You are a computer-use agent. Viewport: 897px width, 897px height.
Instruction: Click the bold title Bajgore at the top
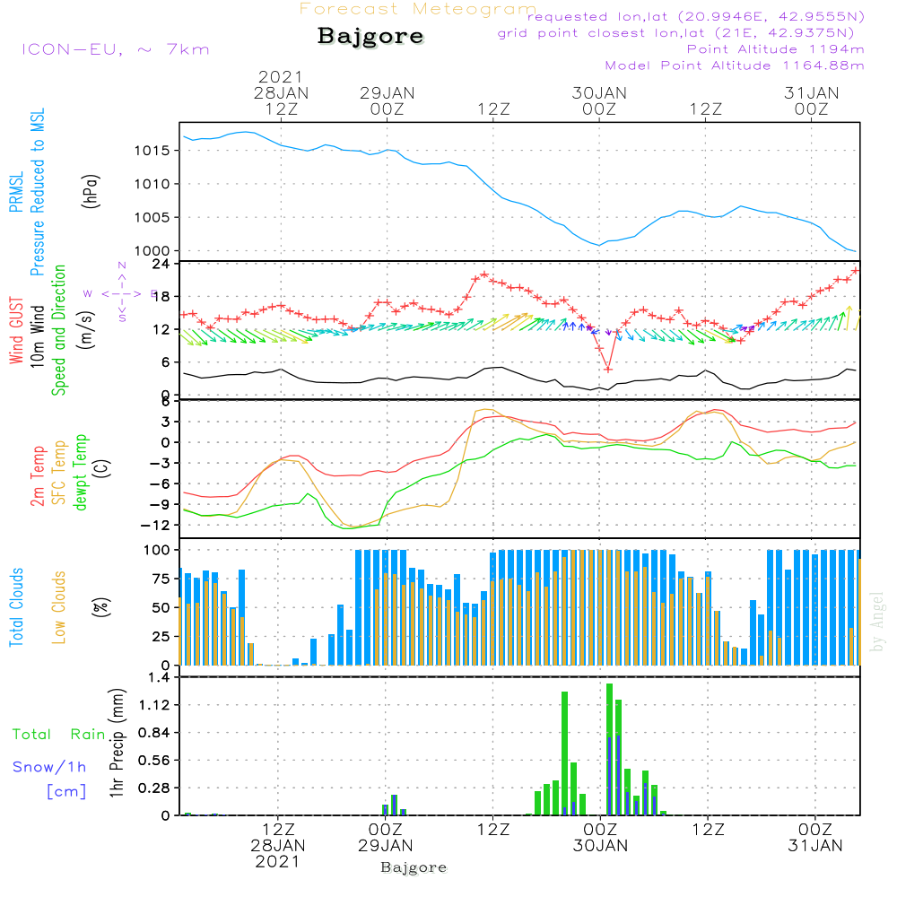point(370,37)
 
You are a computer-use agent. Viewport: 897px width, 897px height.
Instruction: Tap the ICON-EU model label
point(115,49)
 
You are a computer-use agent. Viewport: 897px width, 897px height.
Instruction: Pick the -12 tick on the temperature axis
point(158,526)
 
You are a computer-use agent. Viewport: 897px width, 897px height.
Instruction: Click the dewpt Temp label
point(82,473)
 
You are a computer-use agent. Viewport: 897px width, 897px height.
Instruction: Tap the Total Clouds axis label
point(17,607)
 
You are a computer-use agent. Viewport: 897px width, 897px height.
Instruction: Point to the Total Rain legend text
point(58,735)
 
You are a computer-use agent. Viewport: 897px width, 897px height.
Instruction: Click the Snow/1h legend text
point(50,767)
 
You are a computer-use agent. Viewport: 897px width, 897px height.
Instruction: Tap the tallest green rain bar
point(610,749)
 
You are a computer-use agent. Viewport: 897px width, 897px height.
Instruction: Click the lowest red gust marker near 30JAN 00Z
point(608,369)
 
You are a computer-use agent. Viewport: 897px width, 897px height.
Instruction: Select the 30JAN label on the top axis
point(600,92)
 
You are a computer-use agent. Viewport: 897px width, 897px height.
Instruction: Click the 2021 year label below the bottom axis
point(278,861)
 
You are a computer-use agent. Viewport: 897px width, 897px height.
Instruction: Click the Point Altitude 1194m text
point(775,48)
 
